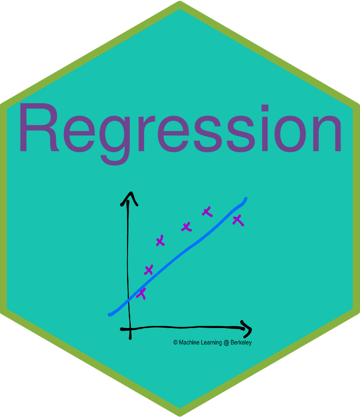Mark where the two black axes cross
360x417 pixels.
point(129,329)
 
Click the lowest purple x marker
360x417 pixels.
point(141,293)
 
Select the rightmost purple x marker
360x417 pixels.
point(238,220)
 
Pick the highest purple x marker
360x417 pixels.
point(207,211)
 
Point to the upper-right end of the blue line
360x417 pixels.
point(246,199)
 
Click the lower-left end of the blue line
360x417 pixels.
point(110,314)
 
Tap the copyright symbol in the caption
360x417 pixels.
point(176,343)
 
